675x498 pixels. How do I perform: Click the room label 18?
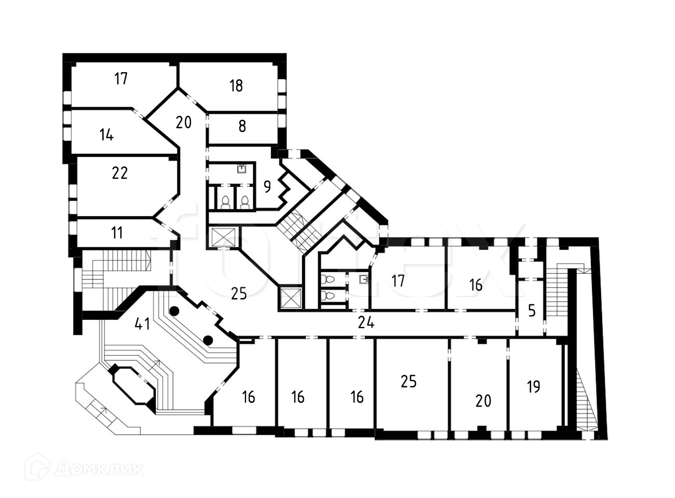point(236,86)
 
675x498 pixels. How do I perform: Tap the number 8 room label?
point(242,126)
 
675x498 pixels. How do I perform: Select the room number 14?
point(106,135)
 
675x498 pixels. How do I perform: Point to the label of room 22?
point(119,173)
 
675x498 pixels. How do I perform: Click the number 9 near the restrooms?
point(267,186)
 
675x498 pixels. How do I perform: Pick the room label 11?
point(117,233)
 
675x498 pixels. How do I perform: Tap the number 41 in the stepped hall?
point(142,324)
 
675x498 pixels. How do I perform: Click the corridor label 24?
point(366,323)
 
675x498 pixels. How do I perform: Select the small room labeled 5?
point(531,311)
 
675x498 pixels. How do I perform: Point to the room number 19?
point(533,387)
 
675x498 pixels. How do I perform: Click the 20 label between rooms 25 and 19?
point(483,401)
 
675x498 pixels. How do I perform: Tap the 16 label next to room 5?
point(476,285)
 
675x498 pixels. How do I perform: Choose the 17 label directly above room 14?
point(121,79)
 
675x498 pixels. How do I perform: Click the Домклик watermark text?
point(99,469)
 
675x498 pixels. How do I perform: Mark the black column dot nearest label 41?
point(174,311)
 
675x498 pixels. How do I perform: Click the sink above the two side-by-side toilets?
point(241,168)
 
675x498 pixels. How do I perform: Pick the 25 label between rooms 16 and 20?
point(409,381)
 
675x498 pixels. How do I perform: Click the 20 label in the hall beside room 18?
point(183,123)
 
